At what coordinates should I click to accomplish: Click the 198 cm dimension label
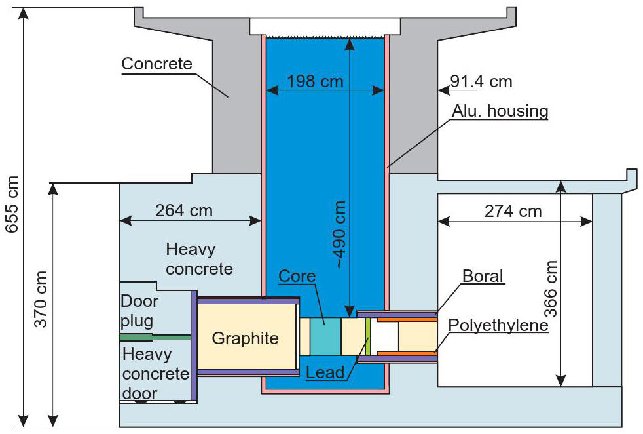[314, 82]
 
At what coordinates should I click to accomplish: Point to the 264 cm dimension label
[184, 211]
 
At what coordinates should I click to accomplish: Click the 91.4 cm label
[481, 82]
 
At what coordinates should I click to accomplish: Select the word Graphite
[246, 338]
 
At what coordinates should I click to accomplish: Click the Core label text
[297, 276]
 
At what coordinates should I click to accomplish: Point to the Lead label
[325, 372]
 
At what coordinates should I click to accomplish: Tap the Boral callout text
[483, 276]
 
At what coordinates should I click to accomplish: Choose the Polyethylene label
[498, 325]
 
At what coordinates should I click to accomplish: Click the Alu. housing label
[500, 111]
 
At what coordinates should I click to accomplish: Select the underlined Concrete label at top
[157, 64]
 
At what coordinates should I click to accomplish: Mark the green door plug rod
[155, 337]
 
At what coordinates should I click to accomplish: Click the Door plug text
[139, 311]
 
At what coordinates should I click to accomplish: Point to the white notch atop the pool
[325, 26]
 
